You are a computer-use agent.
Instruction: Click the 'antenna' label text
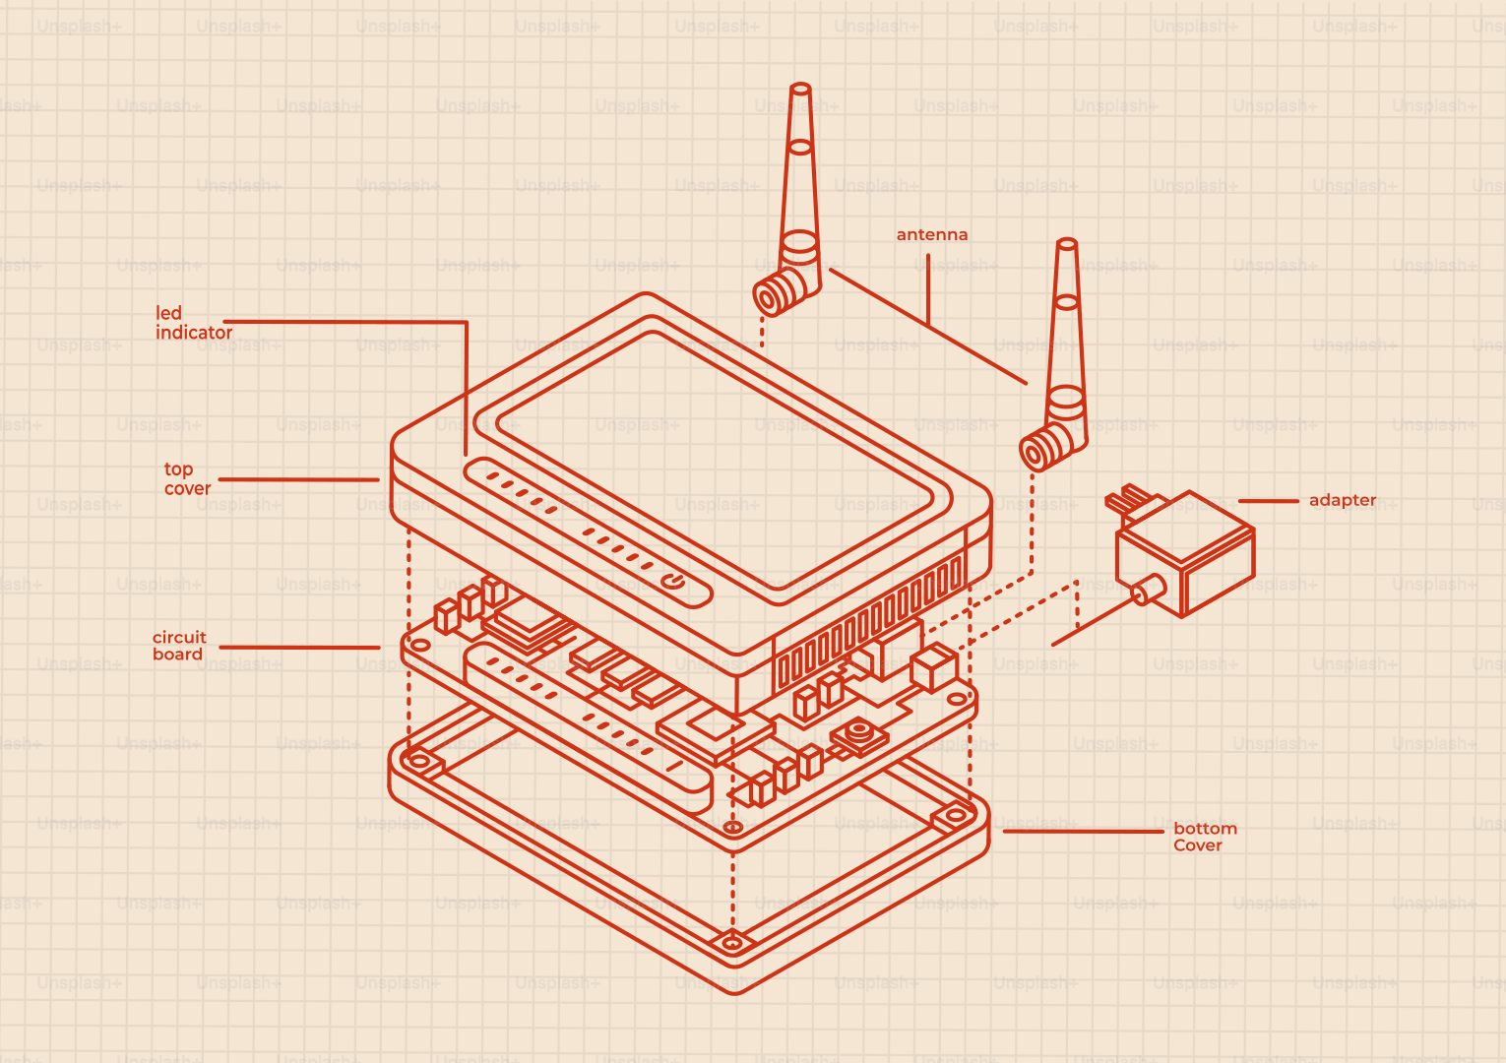pyautogui.click(x=932, y=234)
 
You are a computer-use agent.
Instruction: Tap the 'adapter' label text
pyautogui.click(x=1342, y=501)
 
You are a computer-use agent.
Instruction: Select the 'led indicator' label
pyautogui.click(x=194, y=323)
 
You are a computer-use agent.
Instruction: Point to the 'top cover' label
pyautogui.click(x=187, y=478)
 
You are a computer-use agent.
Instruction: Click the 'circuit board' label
pyautogui.click(x=179, y=646)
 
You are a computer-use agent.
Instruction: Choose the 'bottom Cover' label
pyautogui.click(x=1205, y=837)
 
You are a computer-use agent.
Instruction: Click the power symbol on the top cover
pyautogui.click(x=673, y=581)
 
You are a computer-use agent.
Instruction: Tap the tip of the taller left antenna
pyautogui.click(x=800, y=88)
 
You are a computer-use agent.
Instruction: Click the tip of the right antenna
pyautogui.click(x=1067, y=243)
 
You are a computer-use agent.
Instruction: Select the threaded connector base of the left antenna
pyautogui.click(x=780, y=291)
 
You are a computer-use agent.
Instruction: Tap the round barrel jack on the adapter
pyautogui.click(x=1149, y=591)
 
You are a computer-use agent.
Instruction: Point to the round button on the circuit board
pyautogui.click(x=859, y=729)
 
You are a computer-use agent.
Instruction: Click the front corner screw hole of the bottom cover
pyautogui.click(x=733, y=943)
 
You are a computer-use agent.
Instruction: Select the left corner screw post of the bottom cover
pyautogui.click(x=419, y=761)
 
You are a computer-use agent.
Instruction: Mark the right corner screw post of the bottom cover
pyautogui.click(x=956, y=816)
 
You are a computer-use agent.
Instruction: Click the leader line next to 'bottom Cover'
pyautogui.click(x=1083, y=832)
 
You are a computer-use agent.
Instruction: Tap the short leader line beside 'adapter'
pyautogui.click(x=1269, y=501)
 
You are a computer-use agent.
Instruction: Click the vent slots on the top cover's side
pyautogui.click(x=872, y=624)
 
